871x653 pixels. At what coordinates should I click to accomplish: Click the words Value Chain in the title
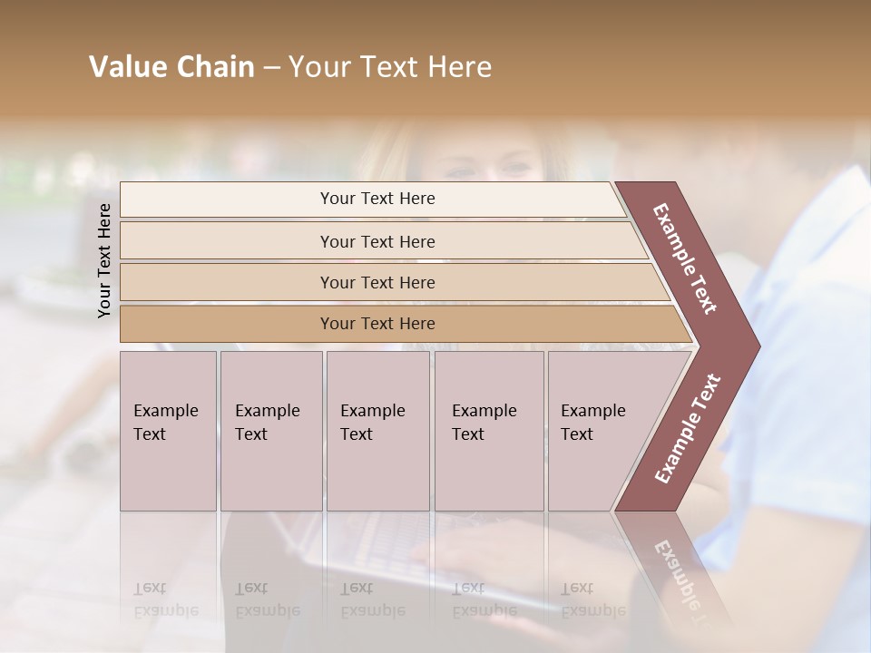point(171,66)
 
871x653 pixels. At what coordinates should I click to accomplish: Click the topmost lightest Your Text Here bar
point(227,199)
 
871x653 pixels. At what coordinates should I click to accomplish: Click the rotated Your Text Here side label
point(104,260)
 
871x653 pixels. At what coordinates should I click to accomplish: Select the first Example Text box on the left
point(168,431)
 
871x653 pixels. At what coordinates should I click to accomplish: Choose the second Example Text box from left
point(270,431)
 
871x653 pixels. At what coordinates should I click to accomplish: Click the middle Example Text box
point(377,431)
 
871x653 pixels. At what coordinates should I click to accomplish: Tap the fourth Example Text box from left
point(489,431)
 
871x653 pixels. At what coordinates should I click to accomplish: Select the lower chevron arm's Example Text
point(688,429)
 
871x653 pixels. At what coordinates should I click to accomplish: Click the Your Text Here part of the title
point(390,66)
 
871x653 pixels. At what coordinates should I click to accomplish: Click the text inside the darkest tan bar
point(377,324)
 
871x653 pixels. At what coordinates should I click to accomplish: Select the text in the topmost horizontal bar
point(377,199)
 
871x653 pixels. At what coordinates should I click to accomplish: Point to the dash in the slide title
point(271,67)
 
